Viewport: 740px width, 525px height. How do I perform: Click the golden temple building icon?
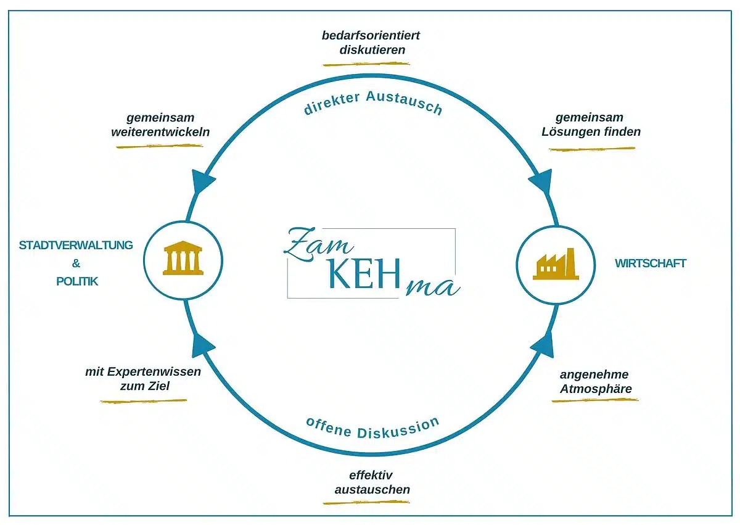click(x=183, y=260)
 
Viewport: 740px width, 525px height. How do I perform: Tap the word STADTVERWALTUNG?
click(x=76, y=245)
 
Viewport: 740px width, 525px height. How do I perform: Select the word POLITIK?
click(x=77, y=281)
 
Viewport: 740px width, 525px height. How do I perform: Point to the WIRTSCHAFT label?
click(x=650, y=263)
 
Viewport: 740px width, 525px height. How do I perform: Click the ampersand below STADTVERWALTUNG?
click(x=76, y=263)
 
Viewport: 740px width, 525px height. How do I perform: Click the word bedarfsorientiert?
click(x=371, y=35)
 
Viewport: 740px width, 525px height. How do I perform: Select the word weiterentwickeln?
click(x=160, y=131)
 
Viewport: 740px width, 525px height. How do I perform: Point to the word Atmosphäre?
click(x=596, y=389)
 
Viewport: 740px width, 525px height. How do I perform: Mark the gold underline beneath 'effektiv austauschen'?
click(x=366, y=502)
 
